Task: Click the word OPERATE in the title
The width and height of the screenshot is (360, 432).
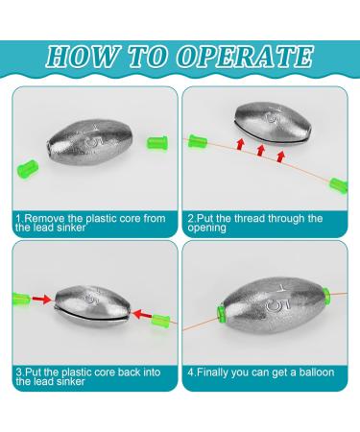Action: tap(246, 57)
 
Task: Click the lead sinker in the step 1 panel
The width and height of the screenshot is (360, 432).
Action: tap(89, 142)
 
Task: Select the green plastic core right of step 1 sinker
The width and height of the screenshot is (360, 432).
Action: tap(157, 143)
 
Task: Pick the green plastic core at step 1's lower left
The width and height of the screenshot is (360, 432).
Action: tap(28, 168)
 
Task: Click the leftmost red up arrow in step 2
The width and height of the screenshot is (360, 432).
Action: tap(240, 144)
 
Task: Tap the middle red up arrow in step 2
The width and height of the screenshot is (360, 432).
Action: tap(261, 150)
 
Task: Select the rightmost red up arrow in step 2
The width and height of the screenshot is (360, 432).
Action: tap(281, 156)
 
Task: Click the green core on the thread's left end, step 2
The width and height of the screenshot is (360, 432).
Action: tap(198, 141)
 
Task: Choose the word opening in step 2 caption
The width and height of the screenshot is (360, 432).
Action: tap(207, 228)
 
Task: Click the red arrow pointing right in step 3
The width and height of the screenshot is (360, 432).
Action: tap(41, 300)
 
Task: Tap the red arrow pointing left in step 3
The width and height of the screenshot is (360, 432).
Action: tap(142, 315)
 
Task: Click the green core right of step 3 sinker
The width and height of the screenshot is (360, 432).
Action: tap(160, 323)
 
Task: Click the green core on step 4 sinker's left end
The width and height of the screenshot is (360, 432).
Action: tap(221, 313)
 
